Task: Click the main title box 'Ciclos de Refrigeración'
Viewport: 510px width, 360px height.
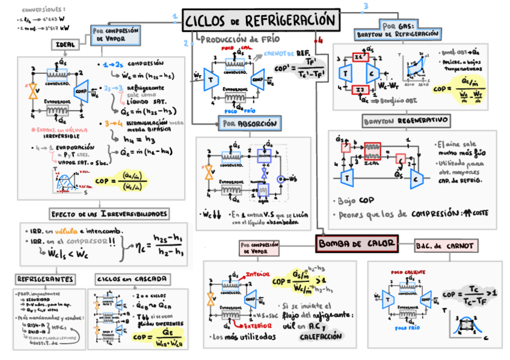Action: pyautogui.click(x=260, y=20)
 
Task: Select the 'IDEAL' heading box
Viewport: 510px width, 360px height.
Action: pyautogui.click(x=66, y=44)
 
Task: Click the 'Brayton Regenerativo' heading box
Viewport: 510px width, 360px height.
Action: pyautogui.click(x=406, y=121)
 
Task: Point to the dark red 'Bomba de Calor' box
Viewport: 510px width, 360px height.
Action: pyautogui.click(x=357, y=243)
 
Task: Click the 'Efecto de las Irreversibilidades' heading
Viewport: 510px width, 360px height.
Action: pyautogui.click(x=109, y=214)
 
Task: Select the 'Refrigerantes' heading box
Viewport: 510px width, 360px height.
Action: pyautogui.click(x=46, y=279)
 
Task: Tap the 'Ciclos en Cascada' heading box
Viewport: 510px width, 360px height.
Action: pyautogui.click(x=124, y=279)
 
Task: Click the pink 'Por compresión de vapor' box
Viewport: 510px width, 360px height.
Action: pyautogui.click(x=260, y=248)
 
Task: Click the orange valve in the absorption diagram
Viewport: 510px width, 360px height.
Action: pyautogui.click(x=209, y=172)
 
